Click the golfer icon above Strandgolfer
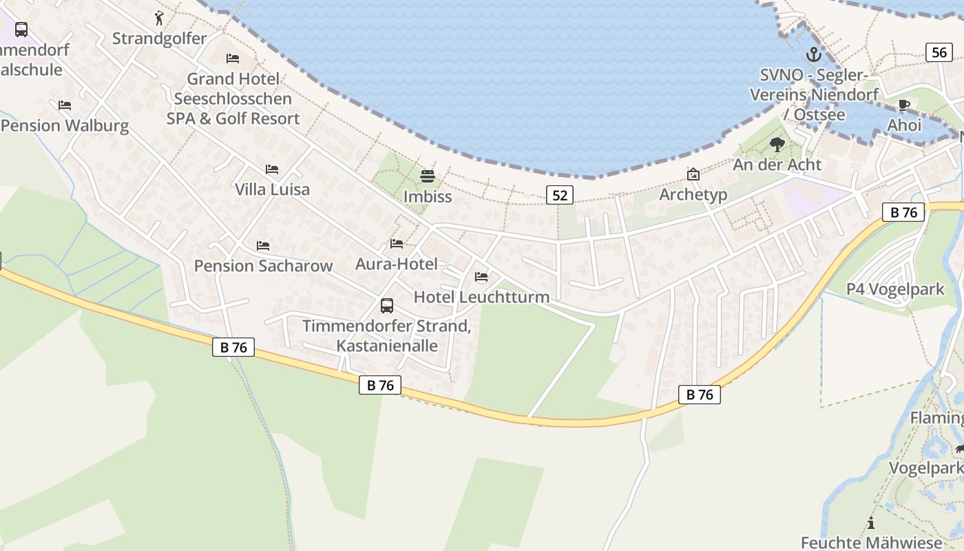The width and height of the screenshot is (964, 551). pos(160,17)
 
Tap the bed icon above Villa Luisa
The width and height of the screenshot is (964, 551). pos(272,169)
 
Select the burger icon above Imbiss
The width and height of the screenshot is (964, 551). pos(428,176)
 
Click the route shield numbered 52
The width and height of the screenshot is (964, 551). pos(560,196)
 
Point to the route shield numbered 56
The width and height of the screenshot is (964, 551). pos(939,52)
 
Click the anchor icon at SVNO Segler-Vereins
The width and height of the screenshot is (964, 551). pos(814,54)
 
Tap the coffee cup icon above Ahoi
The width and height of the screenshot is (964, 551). pos(904,105)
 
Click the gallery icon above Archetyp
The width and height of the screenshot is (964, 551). pos(693,174)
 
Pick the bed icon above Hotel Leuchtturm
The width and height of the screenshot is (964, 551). pos(481,277)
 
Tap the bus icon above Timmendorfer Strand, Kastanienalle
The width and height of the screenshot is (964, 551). pos(387,306)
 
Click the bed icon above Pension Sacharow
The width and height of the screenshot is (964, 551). pos(263,246)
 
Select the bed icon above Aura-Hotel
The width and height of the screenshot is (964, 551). pos(397,244)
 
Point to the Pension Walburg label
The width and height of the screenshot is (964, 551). pos(65,125)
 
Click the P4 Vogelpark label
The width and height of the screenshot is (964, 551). pos(895,289)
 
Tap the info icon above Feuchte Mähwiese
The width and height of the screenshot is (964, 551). pos(871,523)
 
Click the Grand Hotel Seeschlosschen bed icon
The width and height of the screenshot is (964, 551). pos(233,59)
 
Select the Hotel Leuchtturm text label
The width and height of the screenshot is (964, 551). pos(481,297)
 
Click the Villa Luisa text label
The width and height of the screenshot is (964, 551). pos(272,189)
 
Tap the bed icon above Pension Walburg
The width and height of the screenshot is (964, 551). pos(65,105)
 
